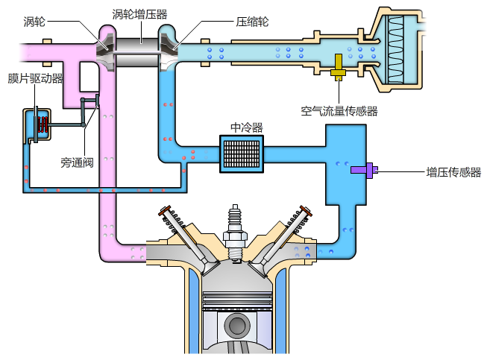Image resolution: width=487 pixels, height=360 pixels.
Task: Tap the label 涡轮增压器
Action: (139, 13)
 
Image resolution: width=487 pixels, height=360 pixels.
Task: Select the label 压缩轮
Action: (252, 22)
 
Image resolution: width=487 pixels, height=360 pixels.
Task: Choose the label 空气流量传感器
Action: (339, 111)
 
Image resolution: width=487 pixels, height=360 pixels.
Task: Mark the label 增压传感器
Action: (453, 172)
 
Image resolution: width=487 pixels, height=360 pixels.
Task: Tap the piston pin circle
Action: (236, 326)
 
